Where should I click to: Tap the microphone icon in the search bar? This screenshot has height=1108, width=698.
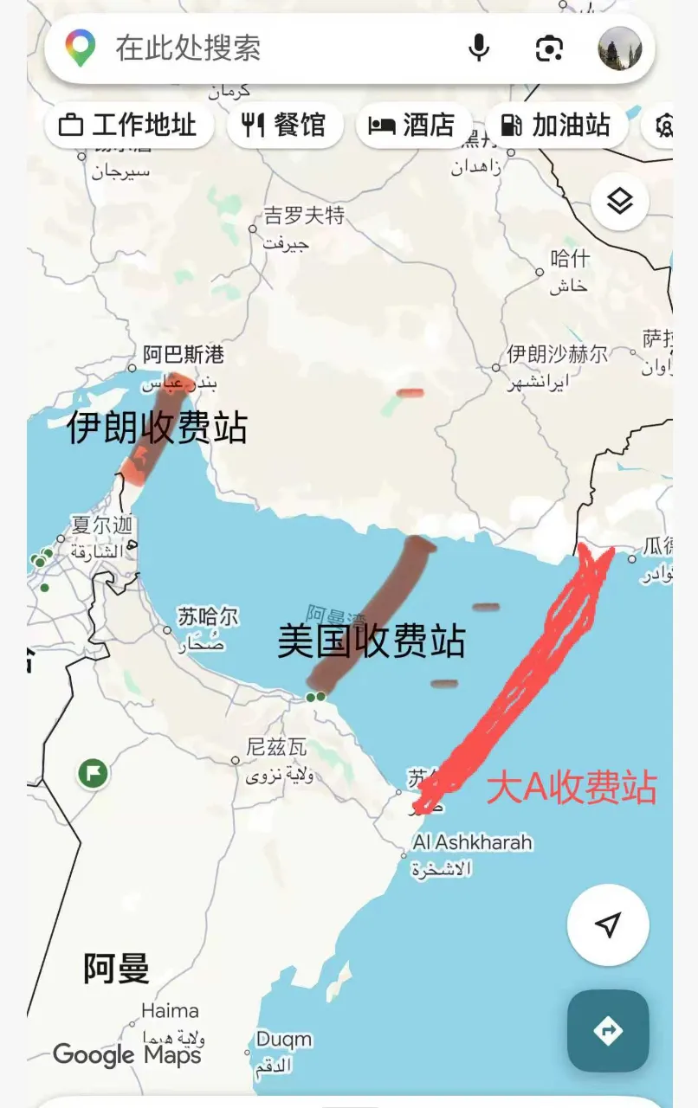tap(479, 48)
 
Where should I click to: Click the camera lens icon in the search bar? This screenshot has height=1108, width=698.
tap(549, 48)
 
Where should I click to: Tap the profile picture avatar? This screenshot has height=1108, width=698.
tap(620, 48)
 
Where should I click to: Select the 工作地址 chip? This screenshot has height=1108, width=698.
tap(128, 126)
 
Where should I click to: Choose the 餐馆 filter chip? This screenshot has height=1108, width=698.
tap(285, 126)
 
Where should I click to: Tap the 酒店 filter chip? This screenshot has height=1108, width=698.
tap(413, 126)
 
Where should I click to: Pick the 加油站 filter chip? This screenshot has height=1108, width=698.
tap(557, 126)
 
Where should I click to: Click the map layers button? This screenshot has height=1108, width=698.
tap(620, 202)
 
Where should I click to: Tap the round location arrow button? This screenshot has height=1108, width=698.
tap(608, 924)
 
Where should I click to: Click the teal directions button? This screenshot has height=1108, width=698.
tap(608, 1031)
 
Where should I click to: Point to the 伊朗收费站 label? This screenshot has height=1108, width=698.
tap(157, 428)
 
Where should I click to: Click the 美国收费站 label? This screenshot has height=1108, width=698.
tap(372, 641)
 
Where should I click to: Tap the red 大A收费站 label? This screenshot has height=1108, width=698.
tap(572, 788)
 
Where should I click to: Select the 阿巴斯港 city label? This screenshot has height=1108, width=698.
tap(184, 355)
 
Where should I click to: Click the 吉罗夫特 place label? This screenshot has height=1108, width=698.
tap(304, 216)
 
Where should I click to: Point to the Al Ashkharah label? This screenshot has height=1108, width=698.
tap(473, 842)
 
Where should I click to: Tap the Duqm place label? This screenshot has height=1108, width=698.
tap(283, 1039)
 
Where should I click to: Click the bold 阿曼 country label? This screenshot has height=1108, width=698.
tap(116, 968)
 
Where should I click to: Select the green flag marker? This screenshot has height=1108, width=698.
tap(93, 772)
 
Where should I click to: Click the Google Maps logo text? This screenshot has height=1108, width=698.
tap(127, 1055)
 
